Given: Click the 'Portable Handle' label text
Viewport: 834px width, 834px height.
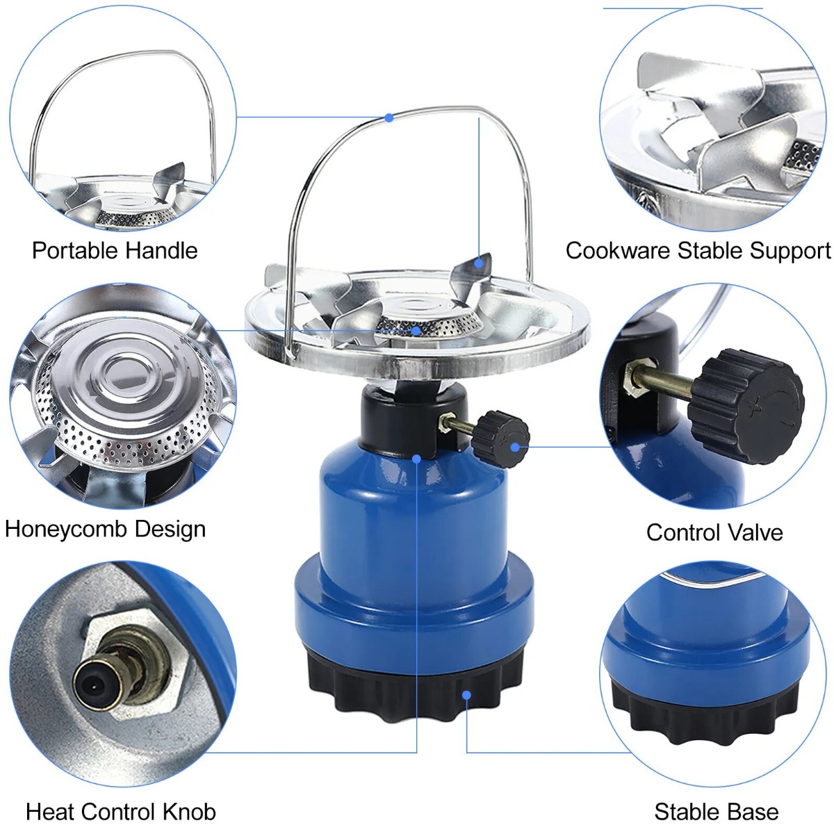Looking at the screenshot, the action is [115, 250].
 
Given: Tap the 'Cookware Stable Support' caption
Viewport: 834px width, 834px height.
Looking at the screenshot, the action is [698, 251].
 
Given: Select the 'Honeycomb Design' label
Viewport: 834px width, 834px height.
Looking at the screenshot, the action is [105, 528].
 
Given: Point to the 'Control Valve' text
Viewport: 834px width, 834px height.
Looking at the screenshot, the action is [714, 532].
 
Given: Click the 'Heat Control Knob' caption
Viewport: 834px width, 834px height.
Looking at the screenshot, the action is [121, 812].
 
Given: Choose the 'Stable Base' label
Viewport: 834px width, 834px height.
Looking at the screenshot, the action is [717, 812].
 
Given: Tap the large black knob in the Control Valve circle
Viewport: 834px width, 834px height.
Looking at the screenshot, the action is [746, 407].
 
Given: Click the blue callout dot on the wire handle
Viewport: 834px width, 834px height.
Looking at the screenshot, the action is [389, 117].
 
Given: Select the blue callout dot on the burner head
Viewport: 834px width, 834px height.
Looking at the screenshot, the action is [416, 331].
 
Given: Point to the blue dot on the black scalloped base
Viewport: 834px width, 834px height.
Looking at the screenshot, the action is [466, 695].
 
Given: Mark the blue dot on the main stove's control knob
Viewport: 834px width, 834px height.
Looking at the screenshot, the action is [514, 447].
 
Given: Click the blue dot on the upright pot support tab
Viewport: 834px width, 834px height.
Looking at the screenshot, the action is [478, 263].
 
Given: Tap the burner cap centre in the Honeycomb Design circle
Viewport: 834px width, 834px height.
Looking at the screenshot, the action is [126, 373].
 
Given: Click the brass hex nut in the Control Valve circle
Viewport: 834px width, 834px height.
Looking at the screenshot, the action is [632, 377].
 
